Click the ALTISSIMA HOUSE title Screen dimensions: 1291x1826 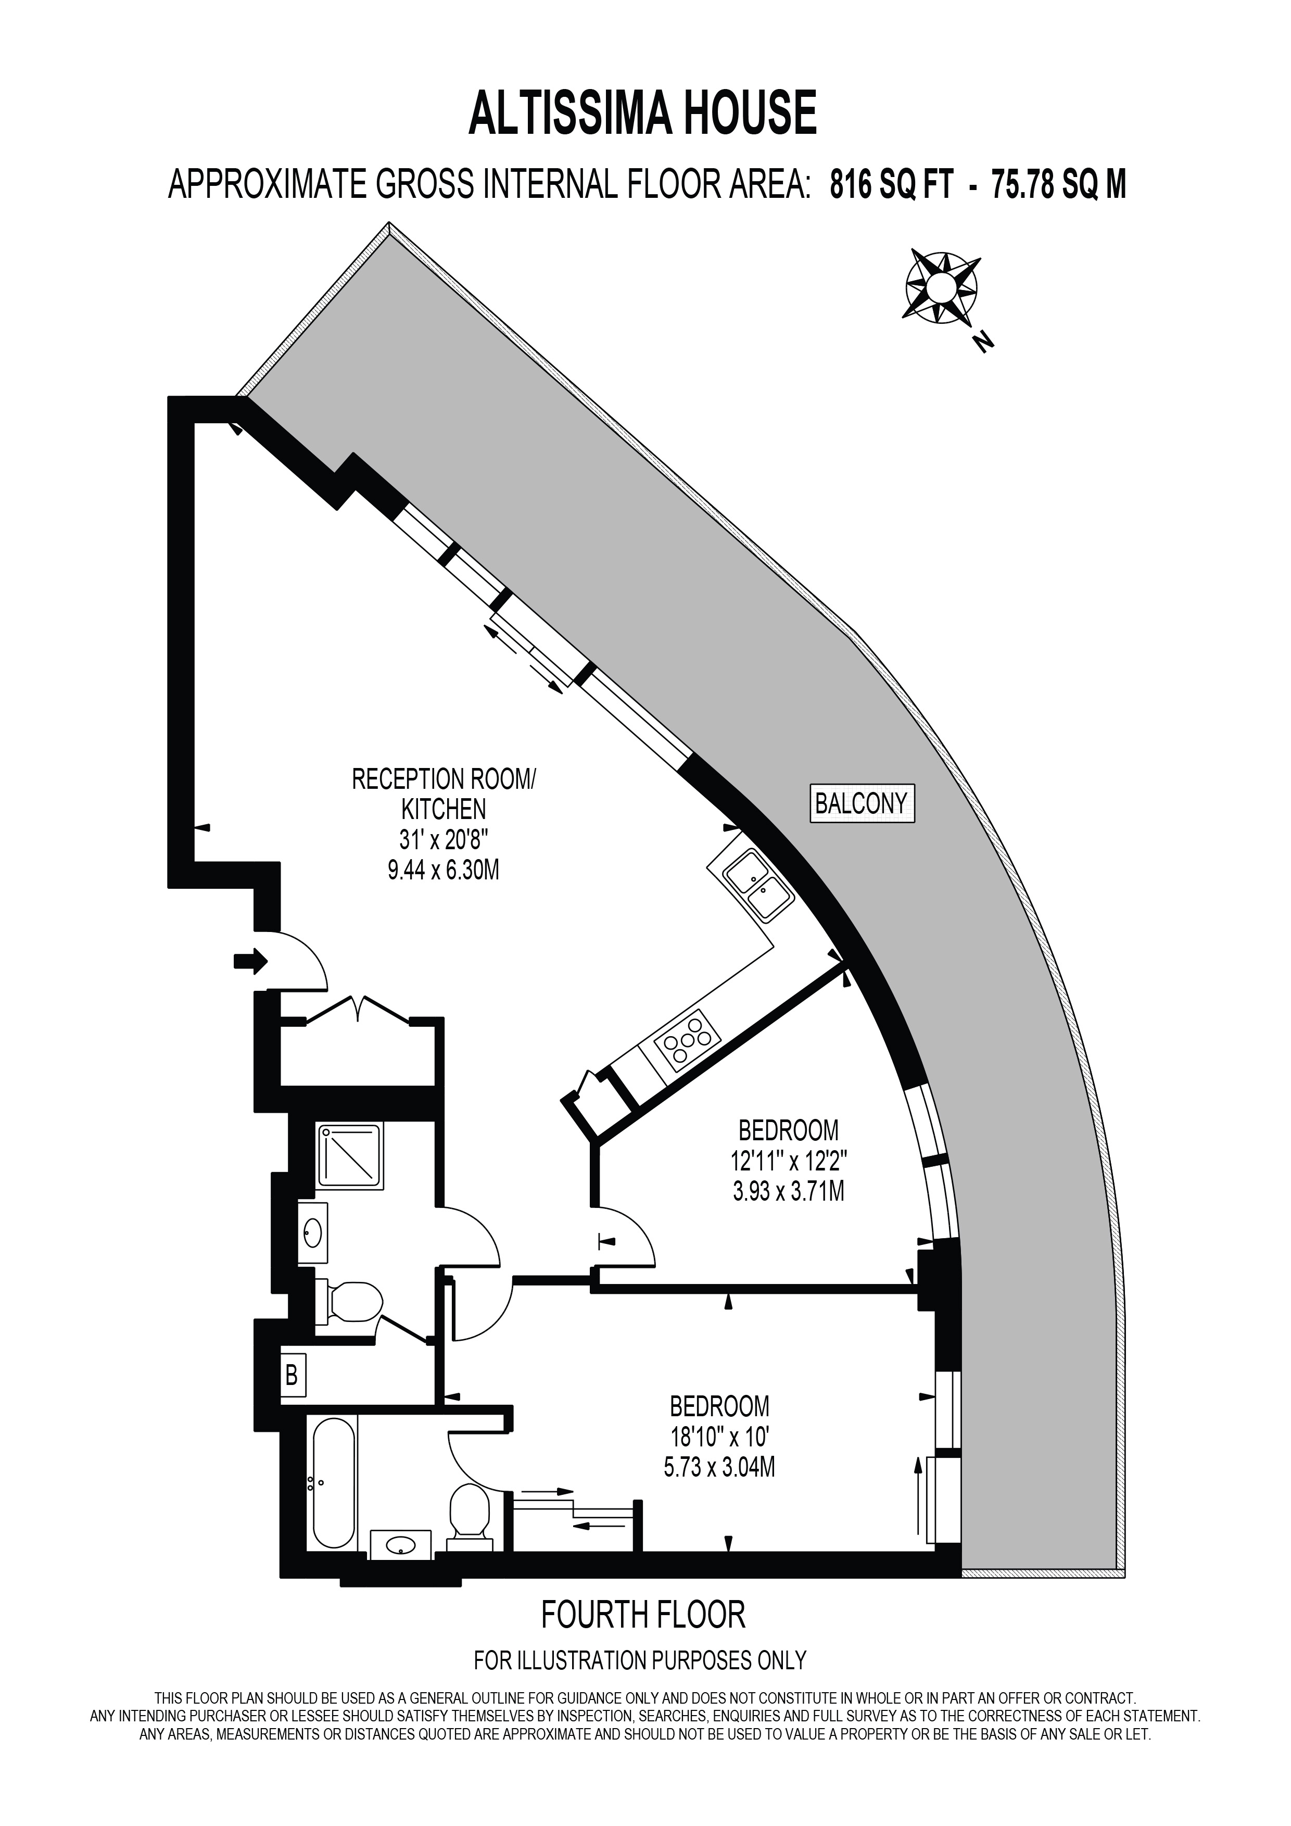click(642, 113)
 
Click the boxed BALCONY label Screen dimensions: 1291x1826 click(861, 803)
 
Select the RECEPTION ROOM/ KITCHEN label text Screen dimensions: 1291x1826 click(444, 794)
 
